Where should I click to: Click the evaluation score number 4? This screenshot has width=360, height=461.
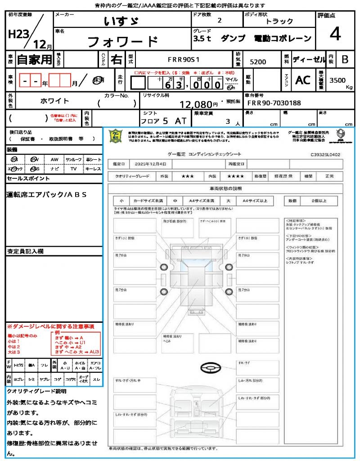(335, 34)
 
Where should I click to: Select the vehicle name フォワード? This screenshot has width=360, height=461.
(122, 42)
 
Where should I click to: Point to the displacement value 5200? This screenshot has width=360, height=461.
(258, 62)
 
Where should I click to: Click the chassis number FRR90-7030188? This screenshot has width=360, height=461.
(274, 103)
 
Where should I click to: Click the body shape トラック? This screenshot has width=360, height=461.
(279, 21)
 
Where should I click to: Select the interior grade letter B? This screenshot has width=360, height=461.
(345, 59)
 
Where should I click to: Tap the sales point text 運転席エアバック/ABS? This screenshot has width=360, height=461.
(47, 194)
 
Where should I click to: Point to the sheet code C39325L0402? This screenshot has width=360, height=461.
(325, 154)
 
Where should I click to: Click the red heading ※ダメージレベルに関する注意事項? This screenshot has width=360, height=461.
(50, 326)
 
